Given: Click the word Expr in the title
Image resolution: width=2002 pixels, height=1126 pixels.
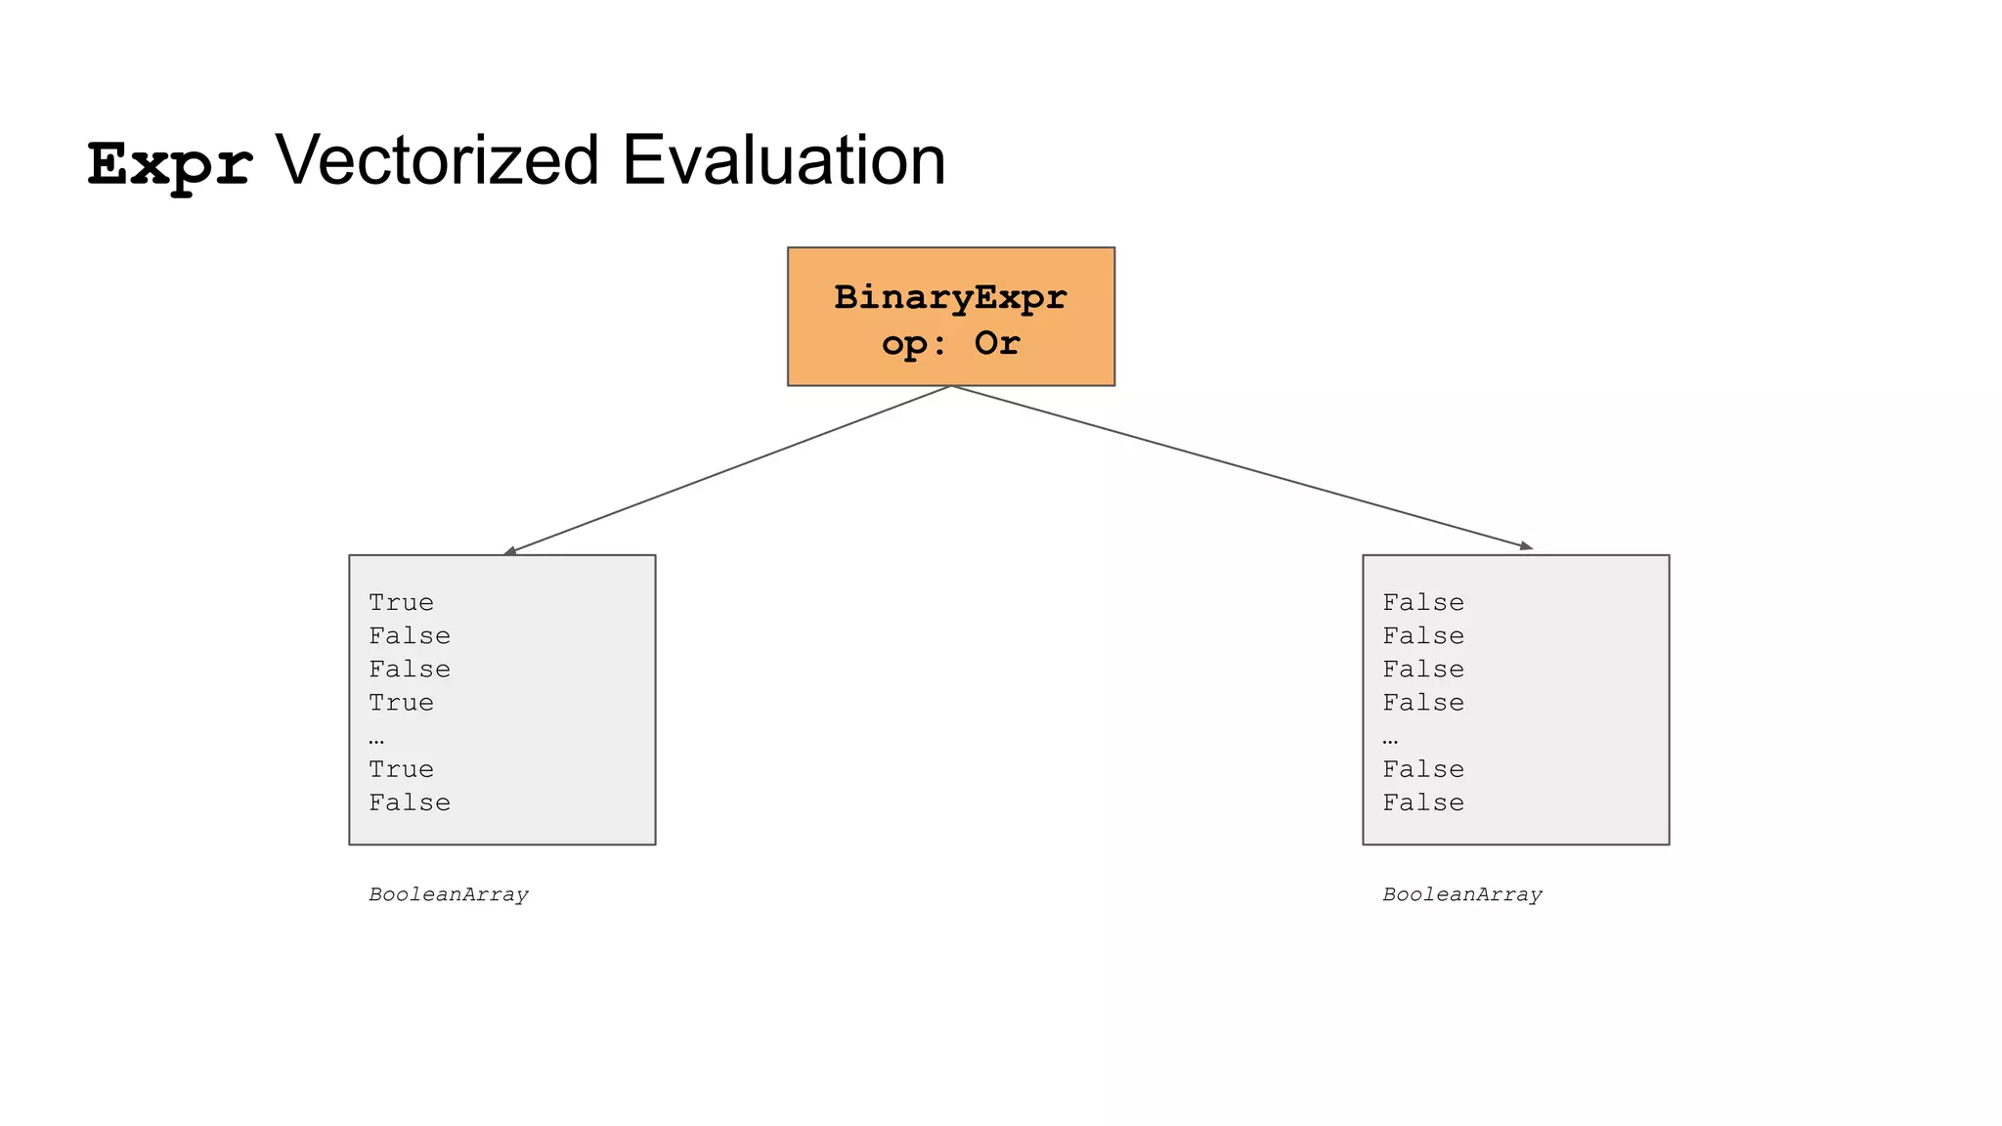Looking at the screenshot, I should tap(170, 163).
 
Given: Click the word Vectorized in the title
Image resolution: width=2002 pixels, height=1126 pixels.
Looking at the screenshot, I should tap(437, 160).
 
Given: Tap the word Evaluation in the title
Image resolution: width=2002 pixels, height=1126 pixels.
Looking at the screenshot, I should tap(783, 160).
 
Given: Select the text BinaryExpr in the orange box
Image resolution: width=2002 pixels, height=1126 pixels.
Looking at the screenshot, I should tap(950, 297).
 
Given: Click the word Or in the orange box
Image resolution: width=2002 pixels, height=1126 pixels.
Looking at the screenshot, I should tap(996, 343).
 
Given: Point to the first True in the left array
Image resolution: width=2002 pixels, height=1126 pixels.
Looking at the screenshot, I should tap(401, 603).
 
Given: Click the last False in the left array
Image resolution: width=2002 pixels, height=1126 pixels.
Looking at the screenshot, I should tap(410, 803).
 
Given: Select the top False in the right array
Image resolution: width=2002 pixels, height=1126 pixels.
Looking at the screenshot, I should tap(1423, 603).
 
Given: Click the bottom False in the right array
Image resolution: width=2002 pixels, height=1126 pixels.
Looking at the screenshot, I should tap(1423, 803).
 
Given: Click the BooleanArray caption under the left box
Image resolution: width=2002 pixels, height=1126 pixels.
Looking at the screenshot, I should tap(449, 895).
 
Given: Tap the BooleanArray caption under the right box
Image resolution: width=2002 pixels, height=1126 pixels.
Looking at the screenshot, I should tap(1462, 895).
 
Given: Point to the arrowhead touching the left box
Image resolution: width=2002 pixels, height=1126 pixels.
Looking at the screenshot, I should tap(509, 551).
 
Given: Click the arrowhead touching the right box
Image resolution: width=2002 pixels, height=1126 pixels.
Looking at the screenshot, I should tap(1526, 546).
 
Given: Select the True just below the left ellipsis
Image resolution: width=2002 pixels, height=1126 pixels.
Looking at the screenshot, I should tap(401, 770).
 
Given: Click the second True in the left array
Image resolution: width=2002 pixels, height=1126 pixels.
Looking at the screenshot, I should tap(401, 703).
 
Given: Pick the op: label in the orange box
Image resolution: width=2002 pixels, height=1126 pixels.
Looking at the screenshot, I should tap(915, 343).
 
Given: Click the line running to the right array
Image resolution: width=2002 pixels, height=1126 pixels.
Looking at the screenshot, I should tap(1241, 467).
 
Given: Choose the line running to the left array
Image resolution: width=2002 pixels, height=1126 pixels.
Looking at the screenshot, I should tap(728, 470).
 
